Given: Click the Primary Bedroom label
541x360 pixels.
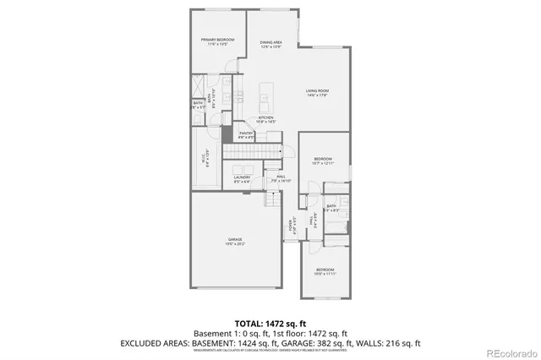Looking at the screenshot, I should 217,40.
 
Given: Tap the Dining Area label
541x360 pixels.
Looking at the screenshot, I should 270,42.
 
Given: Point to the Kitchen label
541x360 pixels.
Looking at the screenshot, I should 266,117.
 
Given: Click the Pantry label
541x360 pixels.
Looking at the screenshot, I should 247,133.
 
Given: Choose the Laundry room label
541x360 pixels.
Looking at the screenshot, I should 242,177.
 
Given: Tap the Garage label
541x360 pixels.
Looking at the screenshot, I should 235,239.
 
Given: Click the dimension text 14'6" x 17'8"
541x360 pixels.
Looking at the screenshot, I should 318,95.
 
